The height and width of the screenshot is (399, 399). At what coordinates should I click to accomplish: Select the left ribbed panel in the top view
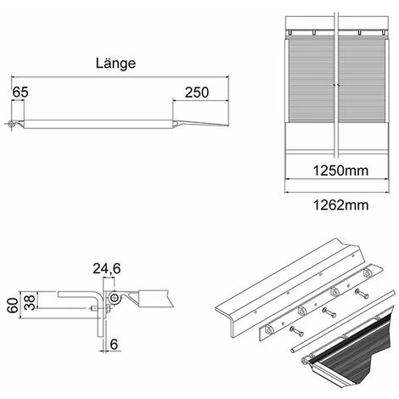click(x=309, y=85)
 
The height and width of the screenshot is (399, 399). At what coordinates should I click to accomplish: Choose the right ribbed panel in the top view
click(x=363, y=85)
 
